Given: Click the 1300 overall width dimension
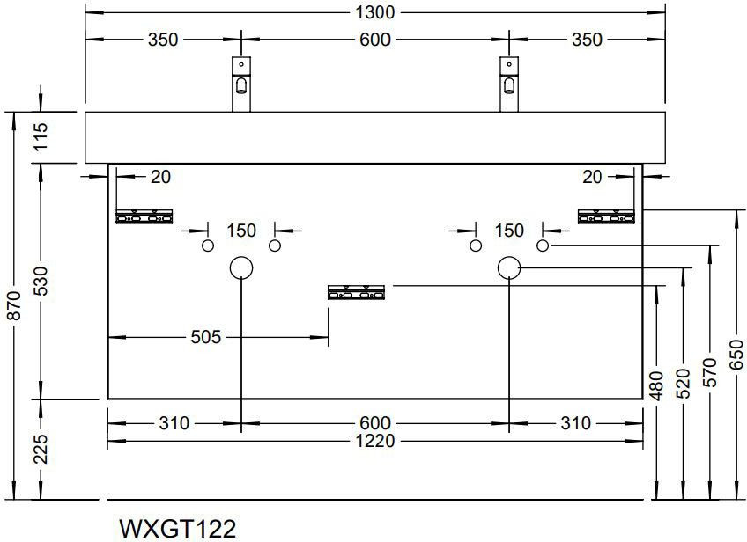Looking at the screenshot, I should (374, 13).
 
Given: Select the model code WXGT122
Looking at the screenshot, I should (177, 529).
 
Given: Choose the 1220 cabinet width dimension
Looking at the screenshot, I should (374, 440).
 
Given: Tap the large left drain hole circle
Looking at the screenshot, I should (241, 267).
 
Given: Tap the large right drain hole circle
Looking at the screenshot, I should (508, 267).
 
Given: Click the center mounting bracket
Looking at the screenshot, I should (357, 292).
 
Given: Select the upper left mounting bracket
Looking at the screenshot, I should (146, 216).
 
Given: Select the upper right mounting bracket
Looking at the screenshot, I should (605, 216).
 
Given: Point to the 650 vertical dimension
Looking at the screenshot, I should (737, 355).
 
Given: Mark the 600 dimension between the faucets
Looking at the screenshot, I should (374, 40).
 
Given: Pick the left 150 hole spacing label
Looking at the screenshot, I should (240, 231).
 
